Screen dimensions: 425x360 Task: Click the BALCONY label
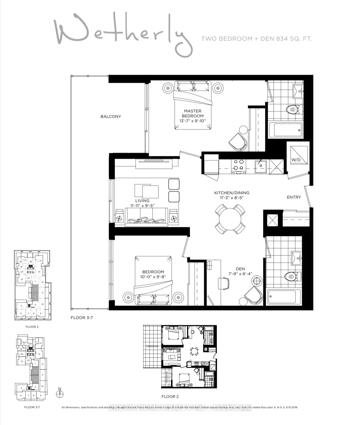[110, 116]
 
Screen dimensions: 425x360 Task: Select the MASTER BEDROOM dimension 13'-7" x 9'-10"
[193, 121]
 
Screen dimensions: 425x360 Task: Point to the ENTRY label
[294, 197]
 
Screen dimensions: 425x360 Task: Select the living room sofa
[146, 217]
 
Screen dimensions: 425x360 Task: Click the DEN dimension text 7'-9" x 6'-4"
[240, 274]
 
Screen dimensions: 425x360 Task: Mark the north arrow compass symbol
[59, 393]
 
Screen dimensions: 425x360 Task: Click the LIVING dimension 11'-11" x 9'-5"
[142, 206]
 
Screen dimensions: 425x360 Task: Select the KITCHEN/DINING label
[232, 193]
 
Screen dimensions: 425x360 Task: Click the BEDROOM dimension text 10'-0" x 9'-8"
[153, 277]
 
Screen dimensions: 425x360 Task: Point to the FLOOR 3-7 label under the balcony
[82, 318]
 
